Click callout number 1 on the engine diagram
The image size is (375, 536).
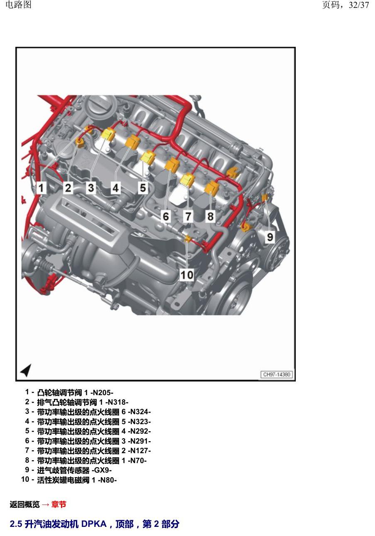click(x=41, y=188)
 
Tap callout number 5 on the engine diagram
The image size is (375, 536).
click(x=143, y=188)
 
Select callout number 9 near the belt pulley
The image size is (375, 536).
click(x=270, y=237)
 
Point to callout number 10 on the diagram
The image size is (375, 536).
click(x=187, y=275)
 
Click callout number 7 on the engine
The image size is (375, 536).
click(x=188, y=217)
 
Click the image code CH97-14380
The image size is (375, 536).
click(x=277, y=374)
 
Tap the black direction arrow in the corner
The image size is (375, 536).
click(x=26, y=370)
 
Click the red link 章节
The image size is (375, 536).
click(x=59, y=505)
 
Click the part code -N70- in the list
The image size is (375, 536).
click(x=137, y=460)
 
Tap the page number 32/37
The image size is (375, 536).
click(x=359, y=5)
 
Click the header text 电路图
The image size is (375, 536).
click(x=18, y=5)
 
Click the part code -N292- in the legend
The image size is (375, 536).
click(x=139, y=431)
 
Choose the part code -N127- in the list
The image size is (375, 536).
click(x=139, y=451)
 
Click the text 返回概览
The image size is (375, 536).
click(x=24, y=505)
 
